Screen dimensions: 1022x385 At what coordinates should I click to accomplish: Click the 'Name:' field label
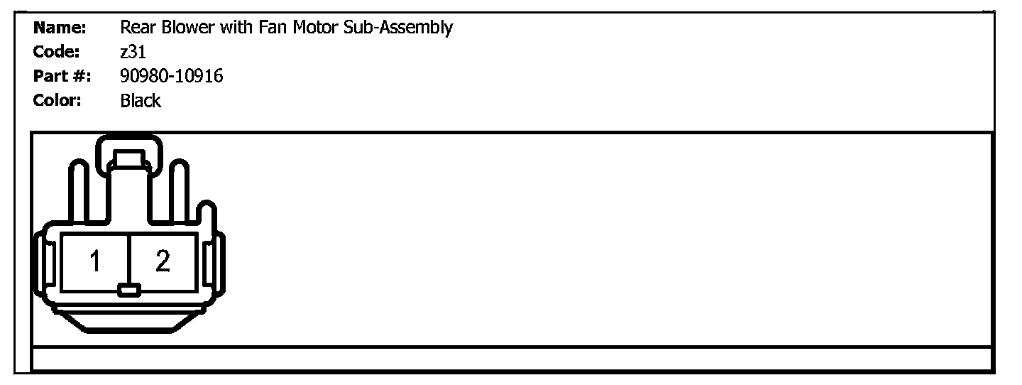click(x=60, y=28)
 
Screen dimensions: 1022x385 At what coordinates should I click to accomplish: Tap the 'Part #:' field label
click(x=62, y=76)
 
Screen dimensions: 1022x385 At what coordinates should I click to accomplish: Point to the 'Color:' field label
click(x=57, y=100)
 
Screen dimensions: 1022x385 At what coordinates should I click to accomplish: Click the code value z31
click(x=133, y=52)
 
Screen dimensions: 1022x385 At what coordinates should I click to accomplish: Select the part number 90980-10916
click(x=172, y=76)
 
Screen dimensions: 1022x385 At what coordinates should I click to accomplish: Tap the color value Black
click(x=141, y=101)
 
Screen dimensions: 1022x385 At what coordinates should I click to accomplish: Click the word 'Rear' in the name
click(x=136, y=28)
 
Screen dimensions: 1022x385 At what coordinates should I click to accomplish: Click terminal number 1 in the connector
click(x=95, y=262)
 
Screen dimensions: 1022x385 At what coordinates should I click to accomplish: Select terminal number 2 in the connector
click(x=163, y=262)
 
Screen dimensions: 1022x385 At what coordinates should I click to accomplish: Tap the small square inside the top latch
click(x=128, y=158)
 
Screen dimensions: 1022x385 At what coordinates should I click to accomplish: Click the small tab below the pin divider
click(x=128, y=290)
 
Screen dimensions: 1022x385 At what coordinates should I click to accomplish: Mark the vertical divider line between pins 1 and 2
click(x=128, y=256)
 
